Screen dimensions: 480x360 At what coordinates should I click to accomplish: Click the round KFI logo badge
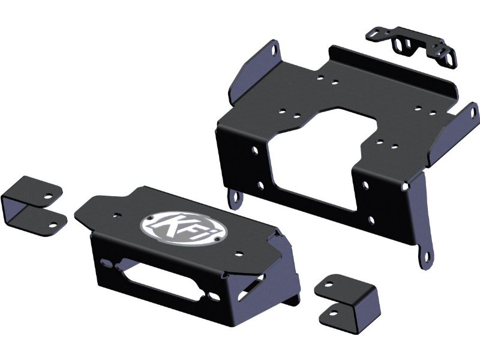point(184,229)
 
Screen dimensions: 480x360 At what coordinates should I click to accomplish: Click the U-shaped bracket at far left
point(33,205)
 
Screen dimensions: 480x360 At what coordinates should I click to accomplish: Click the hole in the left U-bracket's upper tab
point(48,196)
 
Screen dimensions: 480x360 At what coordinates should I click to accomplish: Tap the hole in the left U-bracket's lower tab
point(53,226)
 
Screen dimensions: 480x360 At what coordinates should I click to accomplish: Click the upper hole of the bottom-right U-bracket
point(328,284)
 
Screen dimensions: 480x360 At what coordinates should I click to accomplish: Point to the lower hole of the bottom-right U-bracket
point(334,313)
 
